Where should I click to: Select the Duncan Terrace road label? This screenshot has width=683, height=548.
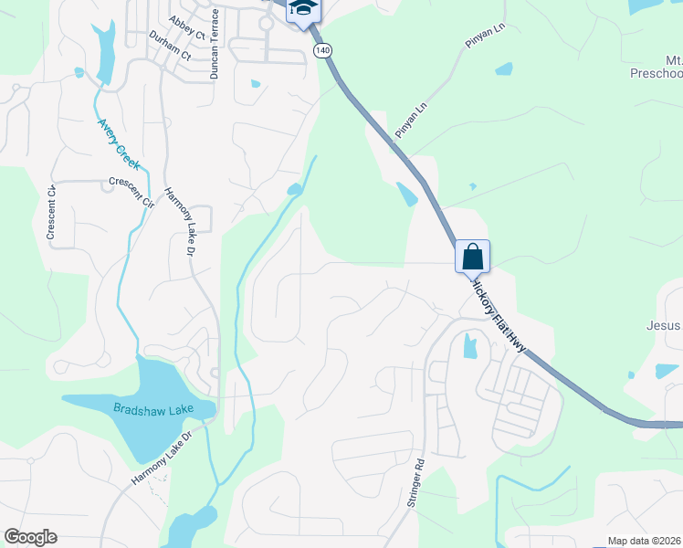215,44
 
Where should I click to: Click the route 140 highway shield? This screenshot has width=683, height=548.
320,51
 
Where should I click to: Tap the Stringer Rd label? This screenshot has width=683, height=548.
417,483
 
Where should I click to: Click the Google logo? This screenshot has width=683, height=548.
30,537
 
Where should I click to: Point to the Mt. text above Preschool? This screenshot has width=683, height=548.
667,57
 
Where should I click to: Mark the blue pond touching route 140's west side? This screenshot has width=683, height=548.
405,194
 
